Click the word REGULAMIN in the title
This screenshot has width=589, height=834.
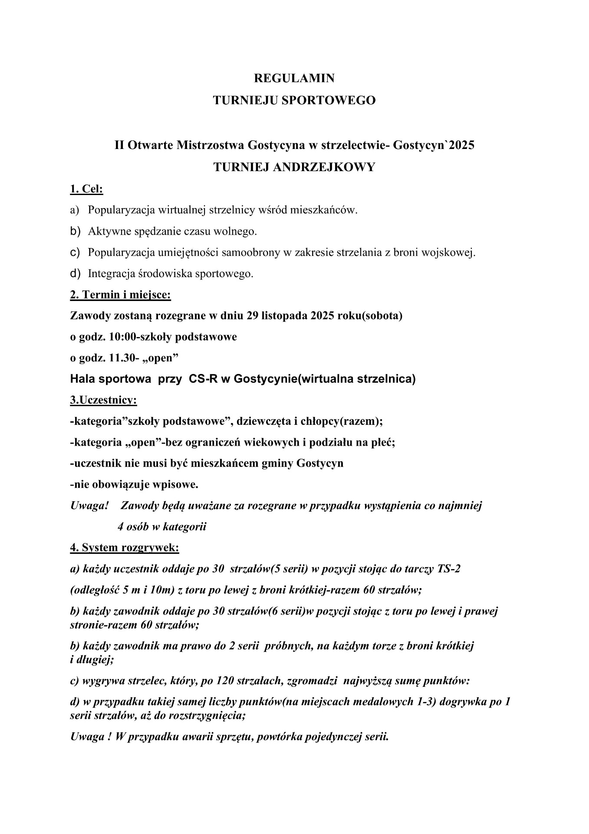point(294,78)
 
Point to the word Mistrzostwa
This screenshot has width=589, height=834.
point(210,145)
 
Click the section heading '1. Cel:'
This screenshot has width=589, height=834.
point(86,189)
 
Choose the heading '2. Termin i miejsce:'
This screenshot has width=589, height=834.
point(120,295)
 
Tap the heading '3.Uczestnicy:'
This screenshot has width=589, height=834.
point(103,400)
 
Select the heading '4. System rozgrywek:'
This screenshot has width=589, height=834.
point(125,548)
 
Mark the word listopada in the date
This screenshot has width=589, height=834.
point(284,316)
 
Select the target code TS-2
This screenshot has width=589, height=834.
point(448,569)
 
